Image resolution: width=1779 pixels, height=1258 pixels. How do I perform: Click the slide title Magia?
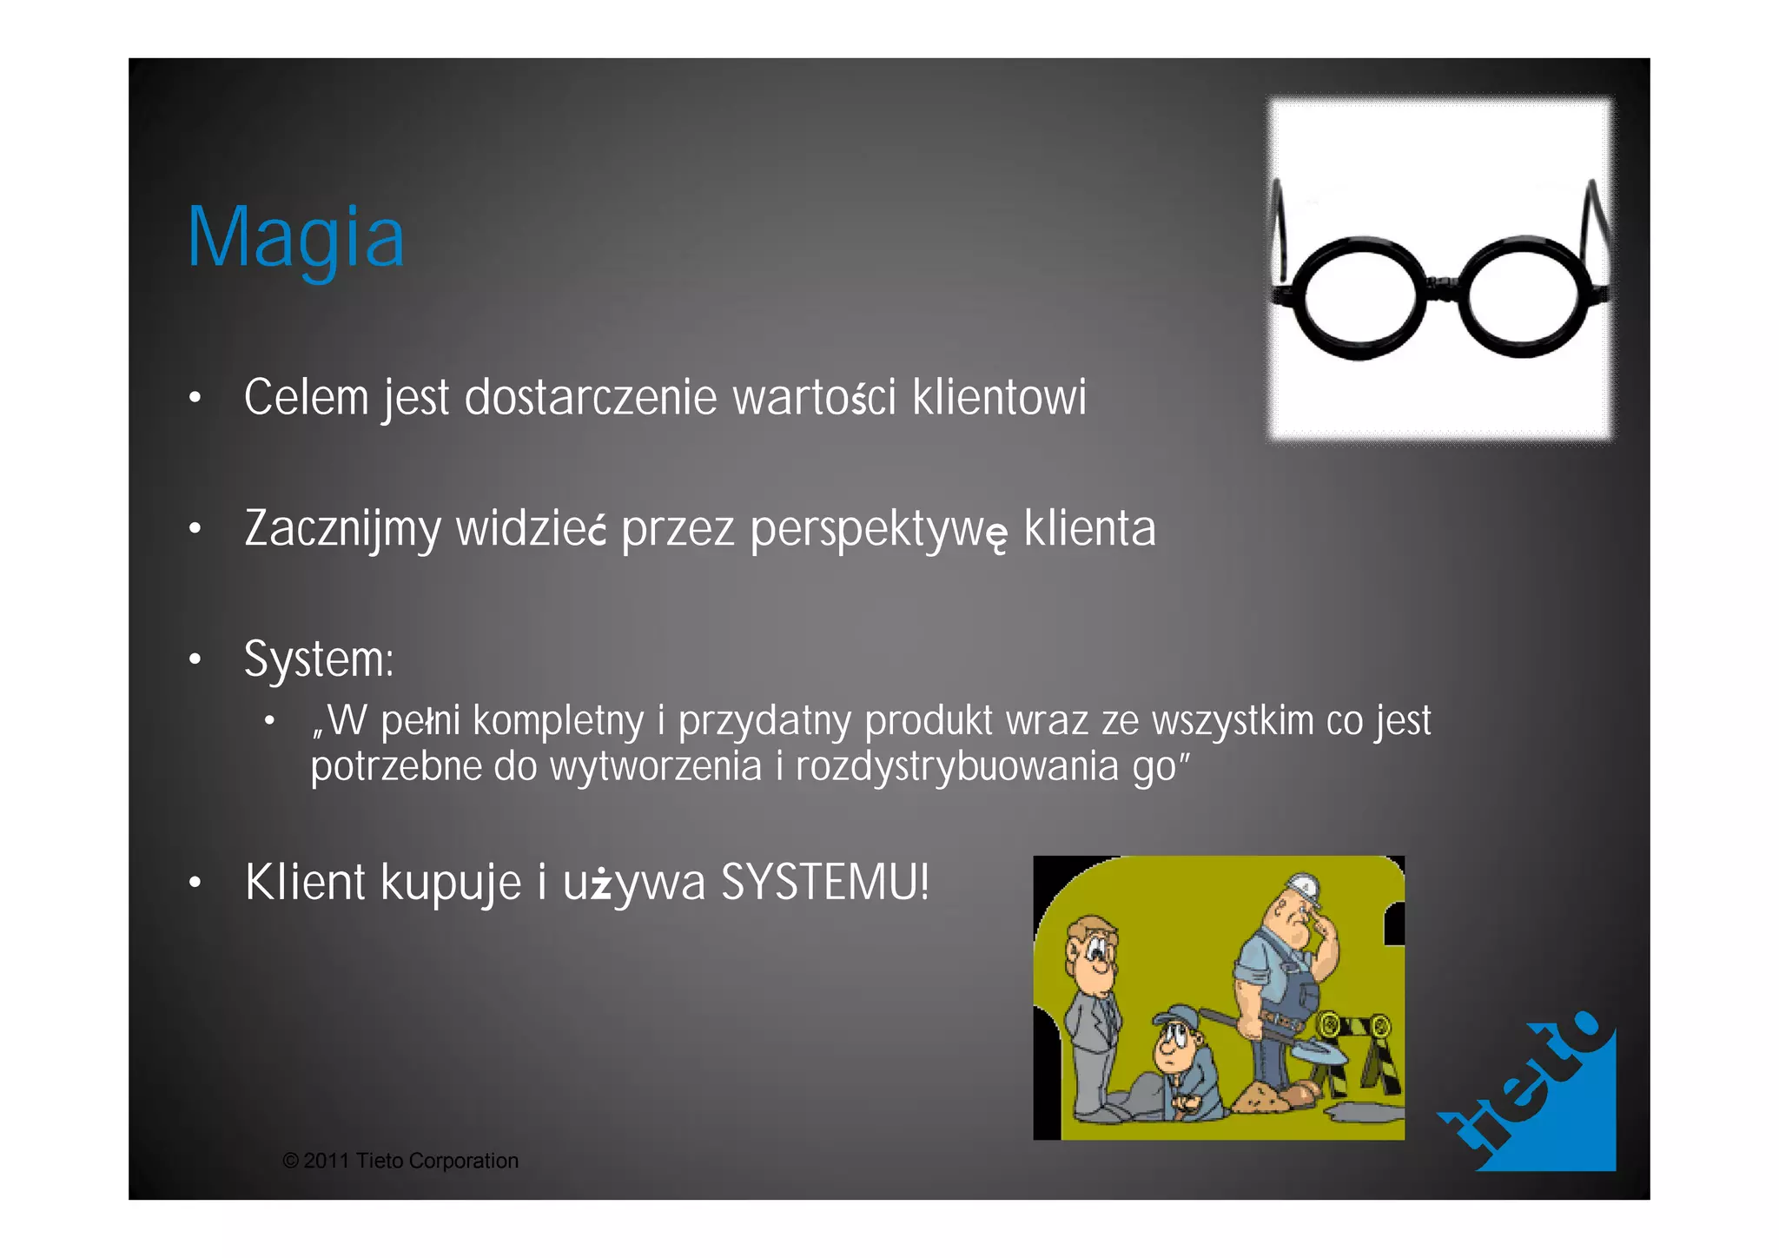tap(296, 237)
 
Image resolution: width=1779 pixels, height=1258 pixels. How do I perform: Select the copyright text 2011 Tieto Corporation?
tap(400, 1161)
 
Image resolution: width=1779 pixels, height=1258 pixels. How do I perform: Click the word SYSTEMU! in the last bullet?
tap(825, 883)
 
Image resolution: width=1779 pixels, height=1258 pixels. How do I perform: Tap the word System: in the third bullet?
tap(319, 659)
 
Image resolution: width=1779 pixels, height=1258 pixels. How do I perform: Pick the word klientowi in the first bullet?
tap(999, 398)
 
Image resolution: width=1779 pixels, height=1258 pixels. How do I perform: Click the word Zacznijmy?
tap(342, 529)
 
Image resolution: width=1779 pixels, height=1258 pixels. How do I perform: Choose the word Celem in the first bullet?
tap(307, 398)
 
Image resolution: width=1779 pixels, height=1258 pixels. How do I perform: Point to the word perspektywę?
tap(878, 529)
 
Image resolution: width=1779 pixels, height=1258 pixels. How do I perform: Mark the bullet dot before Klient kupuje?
tap(195, 884)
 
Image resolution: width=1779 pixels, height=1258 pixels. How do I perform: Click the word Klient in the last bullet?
tap(305, 883)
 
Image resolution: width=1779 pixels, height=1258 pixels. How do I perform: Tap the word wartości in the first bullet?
tap(814, 398)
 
